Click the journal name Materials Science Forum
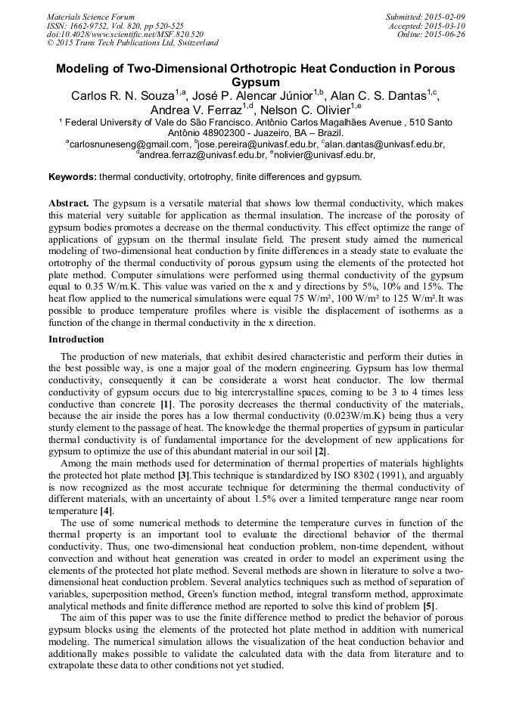[91, 17]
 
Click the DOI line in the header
[125, 34]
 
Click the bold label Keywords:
[73, 178]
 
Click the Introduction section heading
[76, 339]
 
